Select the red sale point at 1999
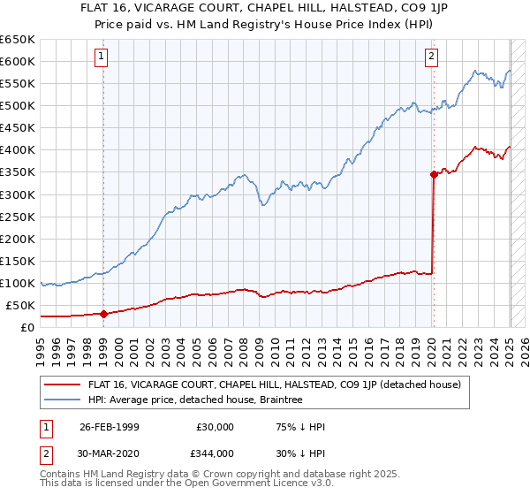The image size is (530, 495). tap(103, 313)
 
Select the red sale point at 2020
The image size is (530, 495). tap(434, 174)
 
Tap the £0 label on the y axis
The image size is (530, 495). tap(26, 328)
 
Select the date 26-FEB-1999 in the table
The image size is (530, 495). tap(109, 427)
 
